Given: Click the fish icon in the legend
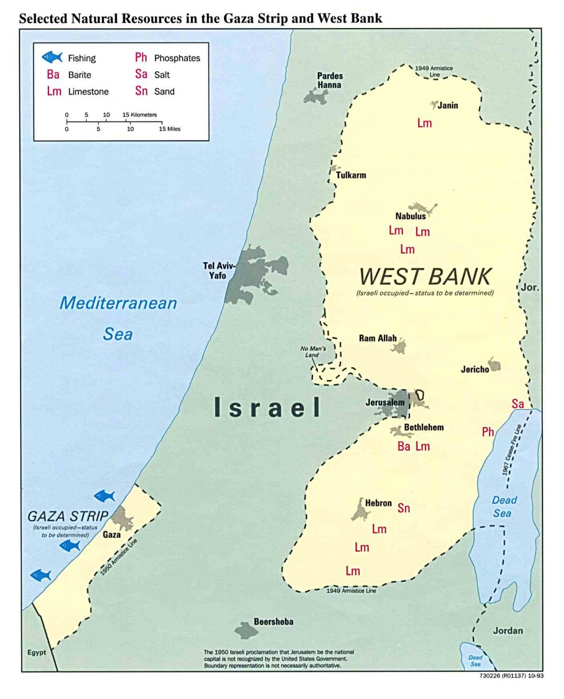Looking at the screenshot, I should point(52,57).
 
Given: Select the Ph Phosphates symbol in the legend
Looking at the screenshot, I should point(141,57).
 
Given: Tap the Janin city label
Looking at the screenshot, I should point(447,105).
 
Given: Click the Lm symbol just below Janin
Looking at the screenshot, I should point(424,123).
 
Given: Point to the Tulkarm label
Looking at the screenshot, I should point(351,175).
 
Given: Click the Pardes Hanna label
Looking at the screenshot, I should point(329,81).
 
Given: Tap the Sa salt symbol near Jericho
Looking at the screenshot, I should point(518,404).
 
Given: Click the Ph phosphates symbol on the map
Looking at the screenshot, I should point(488,432).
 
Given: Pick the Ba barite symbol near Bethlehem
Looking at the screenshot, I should point(404,447).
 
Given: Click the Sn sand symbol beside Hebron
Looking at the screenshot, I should point(404,508).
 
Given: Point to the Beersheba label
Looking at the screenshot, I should point(273,622).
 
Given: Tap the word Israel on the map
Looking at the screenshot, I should point(267,407).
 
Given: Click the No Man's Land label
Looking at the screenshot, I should point(313,352).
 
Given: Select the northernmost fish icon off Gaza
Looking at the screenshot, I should point(105,496).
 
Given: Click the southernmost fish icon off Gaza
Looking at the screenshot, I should point(41,575).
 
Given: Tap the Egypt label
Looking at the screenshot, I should point(37,652).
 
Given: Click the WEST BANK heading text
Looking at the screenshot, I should point(425,277).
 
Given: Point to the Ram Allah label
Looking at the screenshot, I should point(378,338).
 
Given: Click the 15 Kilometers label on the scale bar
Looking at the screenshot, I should point(140,115).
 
